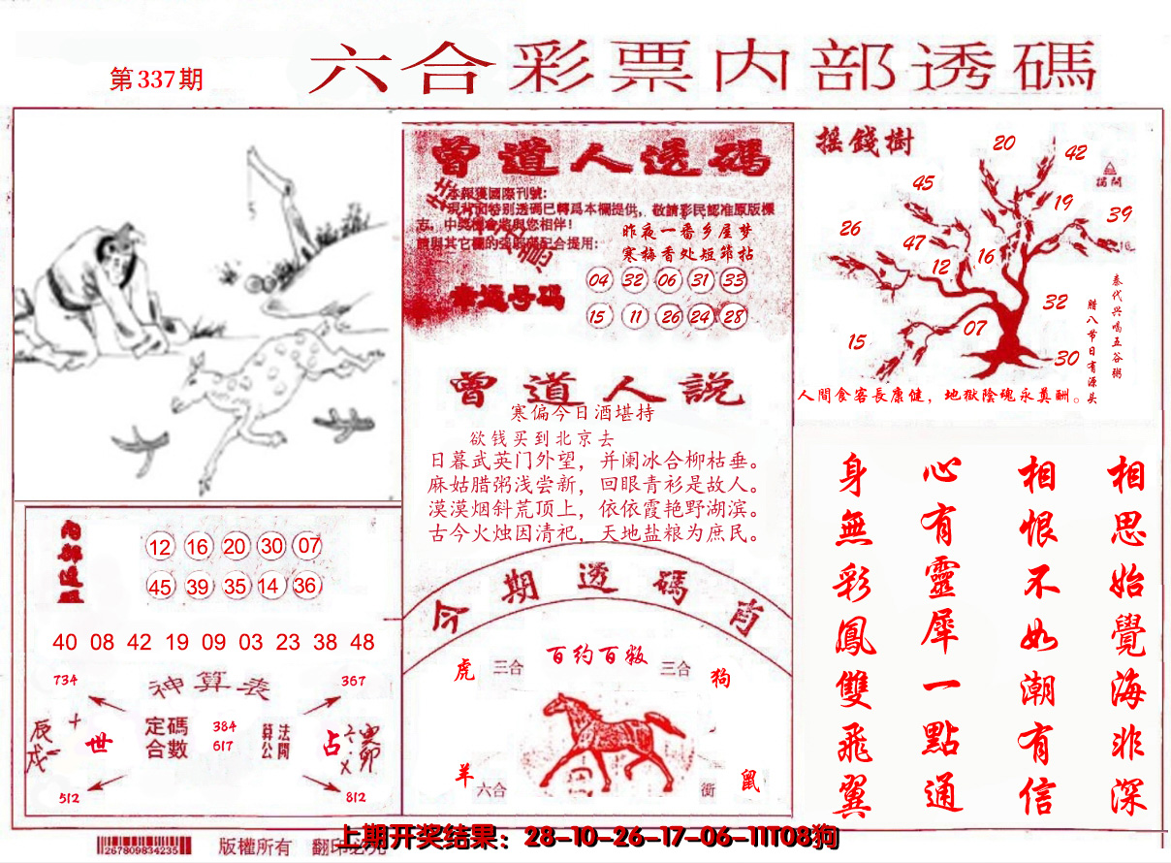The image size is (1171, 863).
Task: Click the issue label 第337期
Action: pyautogui.click(x=157, y=79)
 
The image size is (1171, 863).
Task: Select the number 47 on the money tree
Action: pyautogui.click(x=914, y=242)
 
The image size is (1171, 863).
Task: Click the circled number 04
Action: pyautogui.click(x=600, y=281)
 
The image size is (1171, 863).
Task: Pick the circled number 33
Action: pyautogui.click(x=734, y=281)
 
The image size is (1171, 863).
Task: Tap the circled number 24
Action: pyautogui.click(x=701, y=317)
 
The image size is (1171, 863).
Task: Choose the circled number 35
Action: pyautogui.click(x=234, y=586)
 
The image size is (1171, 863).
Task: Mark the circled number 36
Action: pyautogui.click(x=305, y=586)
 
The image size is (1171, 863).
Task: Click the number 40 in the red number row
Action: pyautogui.click(x=65, y=642)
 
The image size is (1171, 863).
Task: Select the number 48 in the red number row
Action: pyautogui.click(x=363, y=642)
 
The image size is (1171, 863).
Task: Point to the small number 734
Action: pyautogui.click(x=65, y=681)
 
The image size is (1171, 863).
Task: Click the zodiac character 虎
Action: pyautogui.click(x=464, y=671)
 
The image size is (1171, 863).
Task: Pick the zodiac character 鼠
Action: pyautogui.click(x=751, y=782)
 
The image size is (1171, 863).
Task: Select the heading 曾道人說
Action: pyautogui.click(x=596, y=388)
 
